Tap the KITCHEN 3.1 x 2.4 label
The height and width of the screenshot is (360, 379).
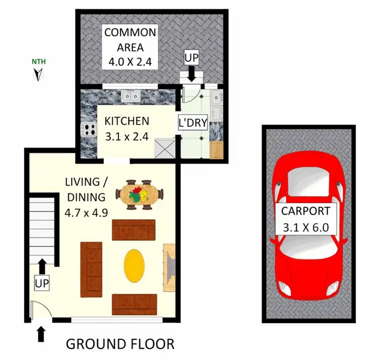tap(126, 128)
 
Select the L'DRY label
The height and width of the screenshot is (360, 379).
tap(193, 123)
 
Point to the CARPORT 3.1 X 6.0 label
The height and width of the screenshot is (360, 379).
tap(306, 219)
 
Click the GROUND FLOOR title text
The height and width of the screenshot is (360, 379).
tap(120, 344)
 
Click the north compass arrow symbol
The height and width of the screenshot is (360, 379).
tap(37, 75)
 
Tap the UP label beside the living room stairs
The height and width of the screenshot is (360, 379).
tap(42, 283)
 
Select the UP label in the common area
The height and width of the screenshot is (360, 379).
tap(191, 57)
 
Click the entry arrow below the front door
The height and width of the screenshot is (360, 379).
tap(41, 334)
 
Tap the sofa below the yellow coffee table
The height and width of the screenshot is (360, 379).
tap(135, 301)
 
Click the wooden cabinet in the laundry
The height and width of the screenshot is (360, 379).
tap(216, 150)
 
